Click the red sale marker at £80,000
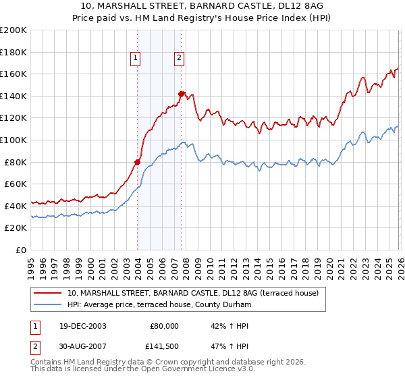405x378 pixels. pos(138,162)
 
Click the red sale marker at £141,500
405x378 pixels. pos(182,94)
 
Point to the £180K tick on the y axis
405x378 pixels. pos(14,52)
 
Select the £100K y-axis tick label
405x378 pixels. pos(14,140)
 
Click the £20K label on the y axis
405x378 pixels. pos(16,228)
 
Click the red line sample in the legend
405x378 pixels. pos(49,293)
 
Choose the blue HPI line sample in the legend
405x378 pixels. pos(49,305)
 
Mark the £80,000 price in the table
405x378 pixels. pos(163,326)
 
